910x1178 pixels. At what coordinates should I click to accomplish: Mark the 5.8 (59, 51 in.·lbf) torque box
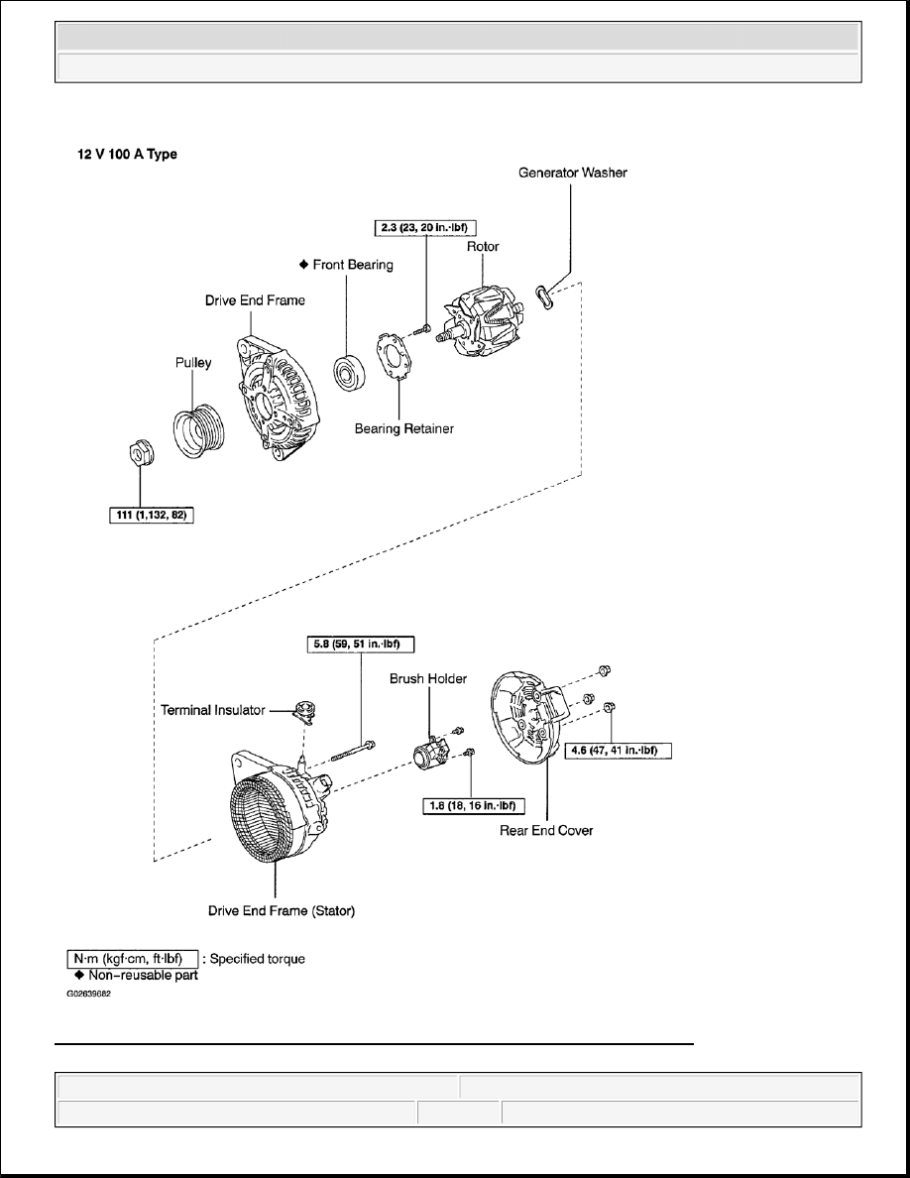(358, 642)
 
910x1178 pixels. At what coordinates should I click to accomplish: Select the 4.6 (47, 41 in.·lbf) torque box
(617, 751)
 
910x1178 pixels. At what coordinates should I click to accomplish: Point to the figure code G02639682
(88, 995)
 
